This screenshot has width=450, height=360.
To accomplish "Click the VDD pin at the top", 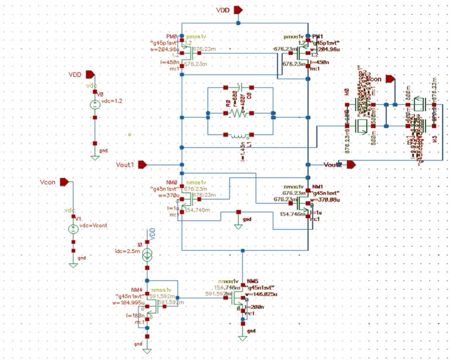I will click(x=237, y=10).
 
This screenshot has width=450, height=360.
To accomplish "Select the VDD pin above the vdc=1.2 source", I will click(x=89, y=74).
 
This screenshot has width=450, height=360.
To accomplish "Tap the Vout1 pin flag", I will click(x=141, y=165).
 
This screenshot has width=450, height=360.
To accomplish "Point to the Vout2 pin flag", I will click(x=350, y=165).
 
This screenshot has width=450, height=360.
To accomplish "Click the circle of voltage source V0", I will click(x=94, y=104).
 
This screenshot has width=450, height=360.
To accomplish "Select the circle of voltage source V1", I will click(x=73, y=229).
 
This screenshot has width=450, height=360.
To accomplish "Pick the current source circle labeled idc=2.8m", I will click(x=147, y=254).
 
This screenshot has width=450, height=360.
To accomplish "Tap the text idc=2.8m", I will click(x=127, y=251).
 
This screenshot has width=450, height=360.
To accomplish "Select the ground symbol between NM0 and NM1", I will click(x=238, y=223).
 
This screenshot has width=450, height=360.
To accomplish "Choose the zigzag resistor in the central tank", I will click(x=238, y=113).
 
